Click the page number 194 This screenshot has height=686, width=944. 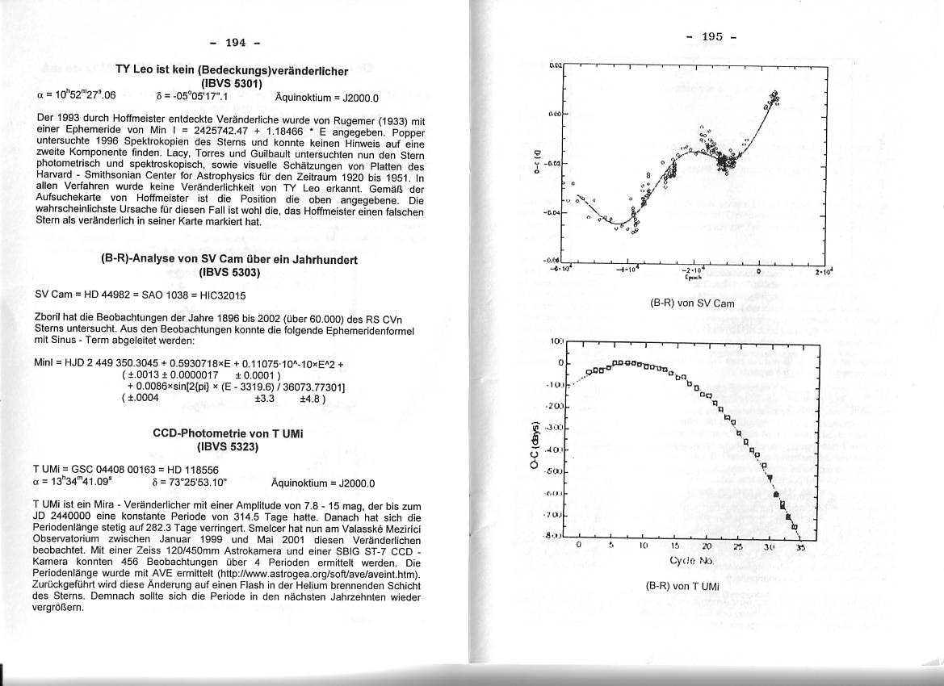click(234, 42)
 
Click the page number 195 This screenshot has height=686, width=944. click(711, 36)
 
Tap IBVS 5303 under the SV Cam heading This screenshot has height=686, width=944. click(229, 272)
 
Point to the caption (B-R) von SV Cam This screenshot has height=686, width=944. click(692, 303)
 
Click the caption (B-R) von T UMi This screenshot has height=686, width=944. click(682, 587)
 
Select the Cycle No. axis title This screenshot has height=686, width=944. click(691, 560)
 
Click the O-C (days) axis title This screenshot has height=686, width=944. click(534, 446)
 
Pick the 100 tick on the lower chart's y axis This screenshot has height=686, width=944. click(556, 342)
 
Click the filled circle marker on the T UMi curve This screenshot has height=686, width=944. click(775, 494)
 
